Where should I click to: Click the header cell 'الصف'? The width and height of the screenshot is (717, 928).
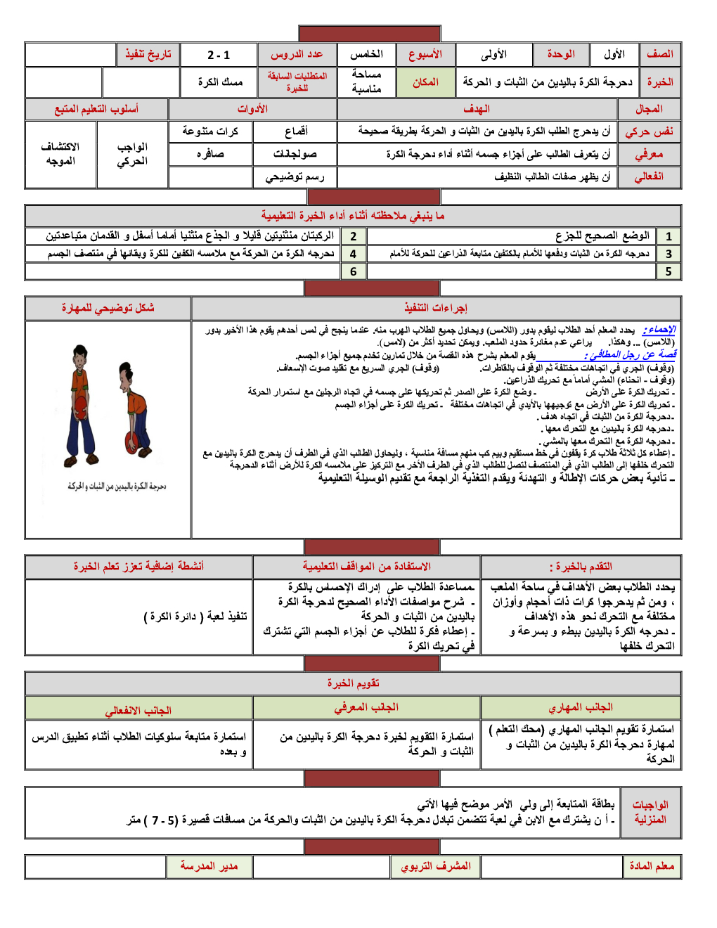pos(659,54)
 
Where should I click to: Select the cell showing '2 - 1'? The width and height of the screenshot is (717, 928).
pos(219,55)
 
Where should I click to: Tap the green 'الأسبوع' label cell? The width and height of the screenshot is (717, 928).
pos(425,54)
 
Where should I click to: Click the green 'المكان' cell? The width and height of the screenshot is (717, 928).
pos(425,82)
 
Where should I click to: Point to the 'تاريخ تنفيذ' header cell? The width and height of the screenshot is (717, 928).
pos(148,54)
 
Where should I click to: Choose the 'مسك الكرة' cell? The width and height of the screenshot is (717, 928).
pos(220,82)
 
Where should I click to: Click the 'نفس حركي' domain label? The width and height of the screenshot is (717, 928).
pos(649,131)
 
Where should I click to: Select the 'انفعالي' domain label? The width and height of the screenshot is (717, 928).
pos(649,176)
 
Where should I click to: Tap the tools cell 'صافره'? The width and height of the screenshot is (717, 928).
pos(210,154)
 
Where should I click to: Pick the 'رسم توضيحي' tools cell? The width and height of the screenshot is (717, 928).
pos(295,177)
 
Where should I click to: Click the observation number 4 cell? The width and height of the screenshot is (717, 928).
pos(353,254)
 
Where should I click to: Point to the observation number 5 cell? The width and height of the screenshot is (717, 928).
pos(668,271)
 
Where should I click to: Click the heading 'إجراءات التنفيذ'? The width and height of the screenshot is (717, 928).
pos(436,308)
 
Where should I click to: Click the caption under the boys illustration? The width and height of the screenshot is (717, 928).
pos(117,486)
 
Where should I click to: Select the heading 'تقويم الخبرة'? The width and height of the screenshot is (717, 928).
pos(353,683)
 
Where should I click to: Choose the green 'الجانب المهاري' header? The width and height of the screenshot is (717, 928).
pos(581,707)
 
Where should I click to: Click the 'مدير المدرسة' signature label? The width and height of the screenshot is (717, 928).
pos(209,866)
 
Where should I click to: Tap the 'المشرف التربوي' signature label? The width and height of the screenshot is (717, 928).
pos(436,866)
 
